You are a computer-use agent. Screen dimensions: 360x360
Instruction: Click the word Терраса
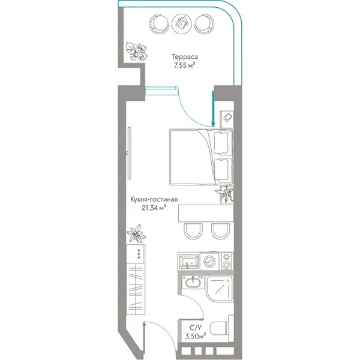click(185, 57)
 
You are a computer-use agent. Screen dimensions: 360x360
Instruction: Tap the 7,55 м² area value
click(185, 65)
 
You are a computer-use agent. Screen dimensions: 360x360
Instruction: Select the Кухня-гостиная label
click(154, 199)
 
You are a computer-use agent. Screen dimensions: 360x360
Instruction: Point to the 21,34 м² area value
click(154, 208)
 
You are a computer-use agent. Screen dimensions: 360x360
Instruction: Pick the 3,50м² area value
click(196, 336)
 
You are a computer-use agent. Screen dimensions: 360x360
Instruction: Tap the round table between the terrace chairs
click(182, 23)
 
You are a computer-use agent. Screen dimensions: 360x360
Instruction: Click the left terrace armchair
click(158, 23)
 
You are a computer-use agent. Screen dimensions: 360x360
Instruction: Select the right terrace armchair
click(205, 23)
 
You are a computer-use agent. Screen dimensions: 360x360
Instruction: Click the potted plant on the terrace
click(137, 51)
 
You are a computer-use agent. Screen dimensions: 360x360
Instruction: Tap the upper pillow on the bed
click(221, 143)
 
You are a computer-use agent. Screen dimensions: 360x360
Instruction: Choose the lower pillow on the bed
click(221, 170)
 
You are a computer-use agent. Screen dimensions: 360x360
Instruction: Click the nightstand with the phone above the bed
click(227, 119)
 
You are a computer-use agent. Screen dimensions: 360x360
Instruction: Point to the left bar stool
click(193, 231)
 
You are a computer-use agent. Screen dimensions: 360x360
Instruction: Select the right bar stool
click(221, 231)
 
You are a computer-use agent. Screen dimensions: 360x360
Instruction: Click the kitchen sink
click(189, 261)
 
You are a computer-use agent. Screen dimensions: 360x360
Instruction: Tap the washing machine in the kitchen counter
click(209, 261)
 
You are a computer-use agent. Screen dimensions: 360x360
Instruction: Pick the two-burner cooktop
click(227, 261)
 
